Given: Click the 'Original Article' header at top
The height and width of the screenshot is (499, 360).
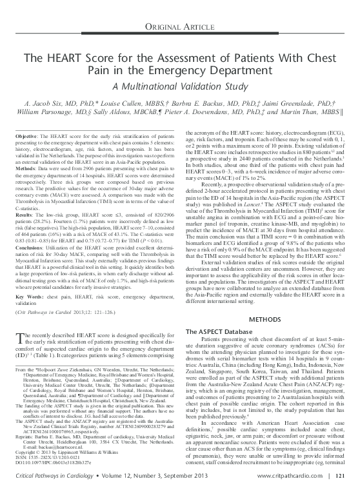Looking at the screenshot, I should pos(180,25).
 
